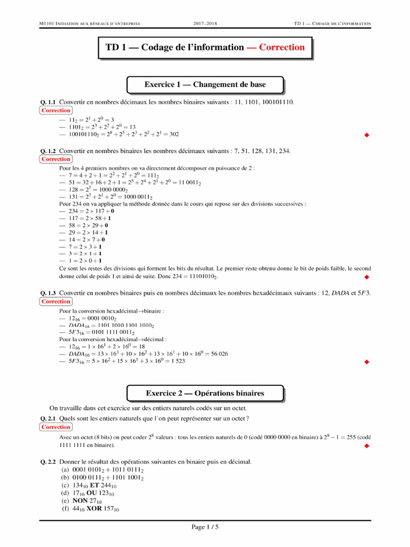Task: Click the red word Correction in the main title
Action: [282, 48]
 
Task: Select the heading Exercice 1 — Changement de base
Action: [205, 84]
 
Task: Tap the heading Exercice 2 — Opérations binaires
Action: [205, 393]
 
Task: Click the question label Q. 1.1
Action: [48, 102]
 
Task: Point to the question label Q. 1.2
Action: [48, 151]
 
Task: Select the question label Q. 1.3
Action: [48, 293]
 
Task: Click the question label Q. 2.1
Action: [48, 419]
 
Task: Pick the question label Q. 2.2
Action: [48, 462]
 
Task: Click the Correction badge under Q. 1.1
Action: [56, 111]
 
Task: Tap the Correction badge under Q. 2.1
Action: [56, 427]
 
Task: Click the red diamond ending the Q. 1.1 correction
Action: [366, 135]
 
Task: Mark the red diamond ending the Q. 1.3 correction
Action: [366, 362]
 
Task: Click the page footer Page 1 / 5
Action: [205, 528]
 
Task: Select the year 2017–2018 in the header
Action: [205, 24]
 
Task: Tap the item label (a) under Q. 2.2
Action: [66, 470]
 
